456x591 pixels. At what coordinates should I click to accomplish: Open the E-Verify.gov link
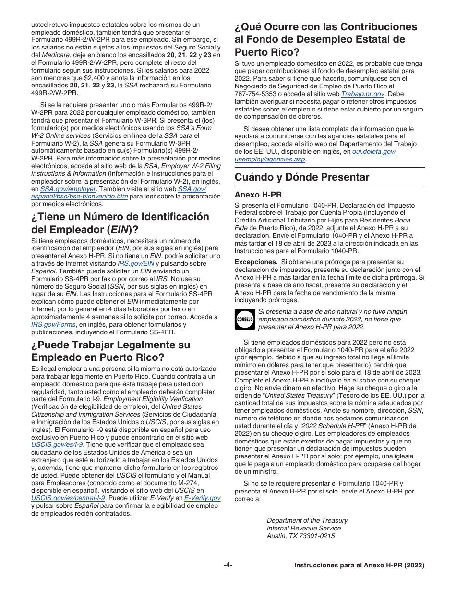click(202, 498)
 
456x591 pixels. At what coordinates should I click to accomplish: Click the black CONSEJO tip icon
click(245, 319)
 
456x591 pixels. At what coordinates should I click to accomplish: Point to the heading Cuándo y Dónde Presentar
click(302, 177)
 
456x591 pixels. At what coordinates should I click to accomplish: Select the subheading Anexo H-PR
click(258, 195)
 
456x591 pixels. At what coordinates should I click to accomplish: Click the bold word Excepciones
click(255, 262)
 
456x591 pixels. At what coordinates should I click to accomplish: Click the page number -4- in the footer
click(228, 565)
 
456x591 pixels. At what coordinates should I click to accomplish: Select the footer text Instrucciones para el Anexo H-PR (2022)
click(359, 566)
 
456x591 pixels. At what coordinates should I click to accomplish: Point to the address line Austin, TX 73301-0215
click(300, 536)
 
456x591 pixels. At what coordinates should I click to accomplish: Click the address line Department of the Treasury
click(307, 520)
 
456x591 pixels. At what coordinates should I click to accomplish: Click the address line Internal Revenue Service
click(303, 528)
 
